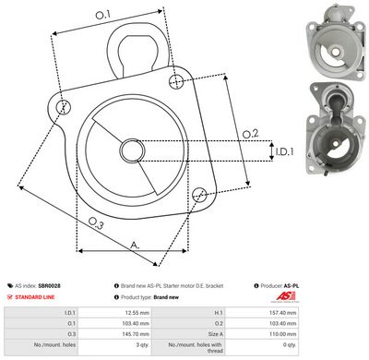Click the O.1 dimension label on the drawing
102,14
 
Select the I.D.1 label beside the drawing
282,150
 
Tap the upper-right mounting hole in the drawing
176,83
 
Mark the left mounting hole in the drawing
64,107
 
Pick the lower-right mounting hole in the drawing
200,194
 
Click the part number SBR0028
50,286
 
